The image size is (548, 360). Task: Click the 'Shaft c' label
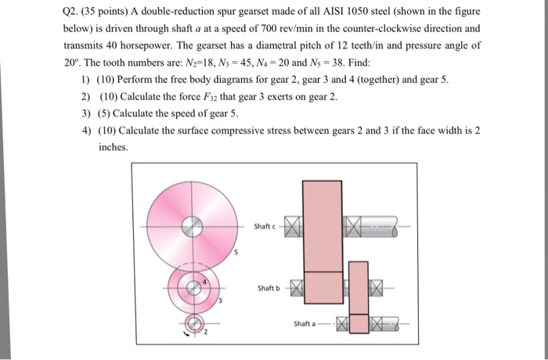click(x=263, y=227)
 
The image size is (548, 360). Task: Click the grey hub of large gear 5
click(x=189, y=228)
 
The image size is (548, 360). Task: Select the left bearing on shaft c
click(x=292, y=228)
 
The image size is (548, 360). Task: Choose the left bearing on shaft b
click(x=296, y=288)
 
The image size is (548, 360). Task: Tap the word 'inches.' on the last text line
click(x=113, y=146)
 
